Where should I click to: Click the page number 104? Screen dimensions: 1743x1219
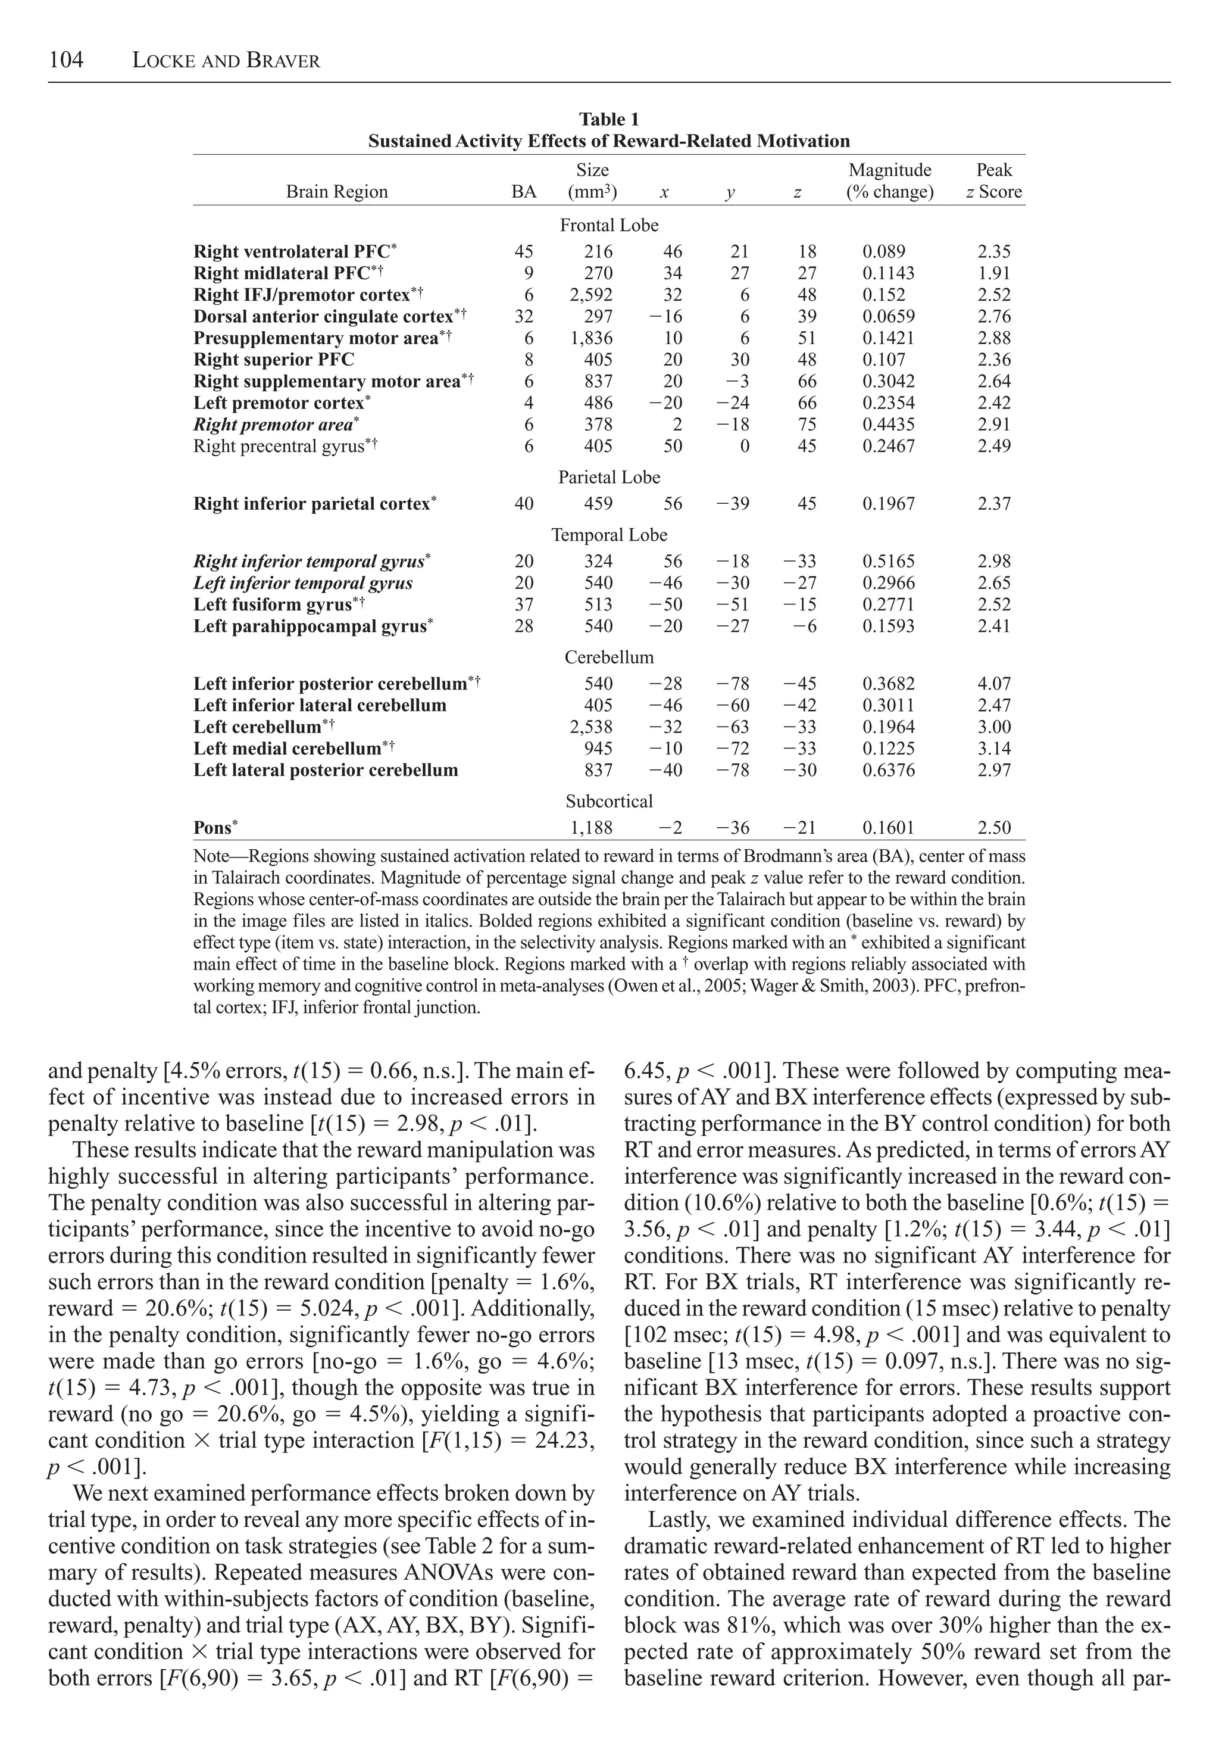pyautogui.click(x=66, y=60)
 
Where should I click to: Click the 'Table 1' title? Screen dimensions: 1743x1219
pyautogui.click(x=609, y=119)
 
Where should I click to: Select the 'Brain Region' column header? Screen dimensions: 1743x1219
pyautogui.click(x=336, y=192)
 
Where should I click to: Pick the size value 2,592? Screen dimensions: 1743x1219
pyautogui.click(x=591, y=295)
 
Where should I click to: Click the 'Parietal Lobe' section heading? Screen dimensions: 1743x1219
pyautogui.click(x=609, y=478)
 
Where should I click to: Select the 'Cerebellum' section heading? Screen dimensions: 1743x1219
pyautogui.click(x=609, y=657)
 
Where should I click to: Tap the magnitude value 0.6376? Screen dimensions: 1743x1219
pyautogui.click(x=888, y=770)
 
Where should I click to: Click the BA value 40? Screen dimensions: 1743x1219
pyautogui.click(x=524, y=504)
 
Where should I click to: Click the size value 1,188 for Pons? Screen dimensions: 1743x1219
pyautogui.click(x=591, y=828)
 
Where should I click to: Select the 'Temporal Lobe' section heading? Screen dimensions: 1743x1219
pyautogui.click(x=609, y=535)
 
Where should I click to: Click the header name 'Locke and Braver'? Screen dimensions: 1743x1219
pyautogui.click(x=226, y=61)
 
